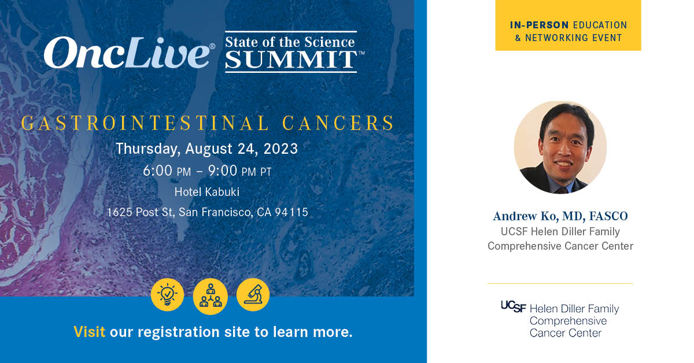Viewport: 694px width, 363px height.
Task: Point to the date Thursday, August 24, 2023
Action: (206, 149)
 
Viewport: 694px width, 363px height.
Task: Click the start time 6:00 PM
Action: (168, 172)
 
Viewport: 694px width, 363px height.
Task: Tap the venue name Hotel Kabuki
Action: (206, 192)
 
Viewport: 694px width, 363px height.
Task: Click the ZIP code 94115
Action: (291, 212)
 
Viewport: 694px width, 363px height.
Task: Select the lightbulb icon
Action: (167, 295)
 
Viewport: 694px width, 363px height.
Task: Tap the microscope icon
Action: (253, 295)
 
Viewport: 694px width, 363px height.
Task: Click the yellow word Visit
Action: (89, 332)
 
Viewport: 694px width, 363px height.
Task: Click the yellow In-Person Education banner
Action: (568, 25)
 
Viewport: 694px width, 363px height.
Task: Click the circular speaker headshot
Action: (560, 147)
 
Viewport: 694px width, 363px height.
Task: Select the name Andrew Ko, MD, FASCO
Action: (560, 216)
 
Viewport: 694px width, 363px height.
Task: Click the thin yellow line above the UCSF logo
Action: (560, 283)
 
